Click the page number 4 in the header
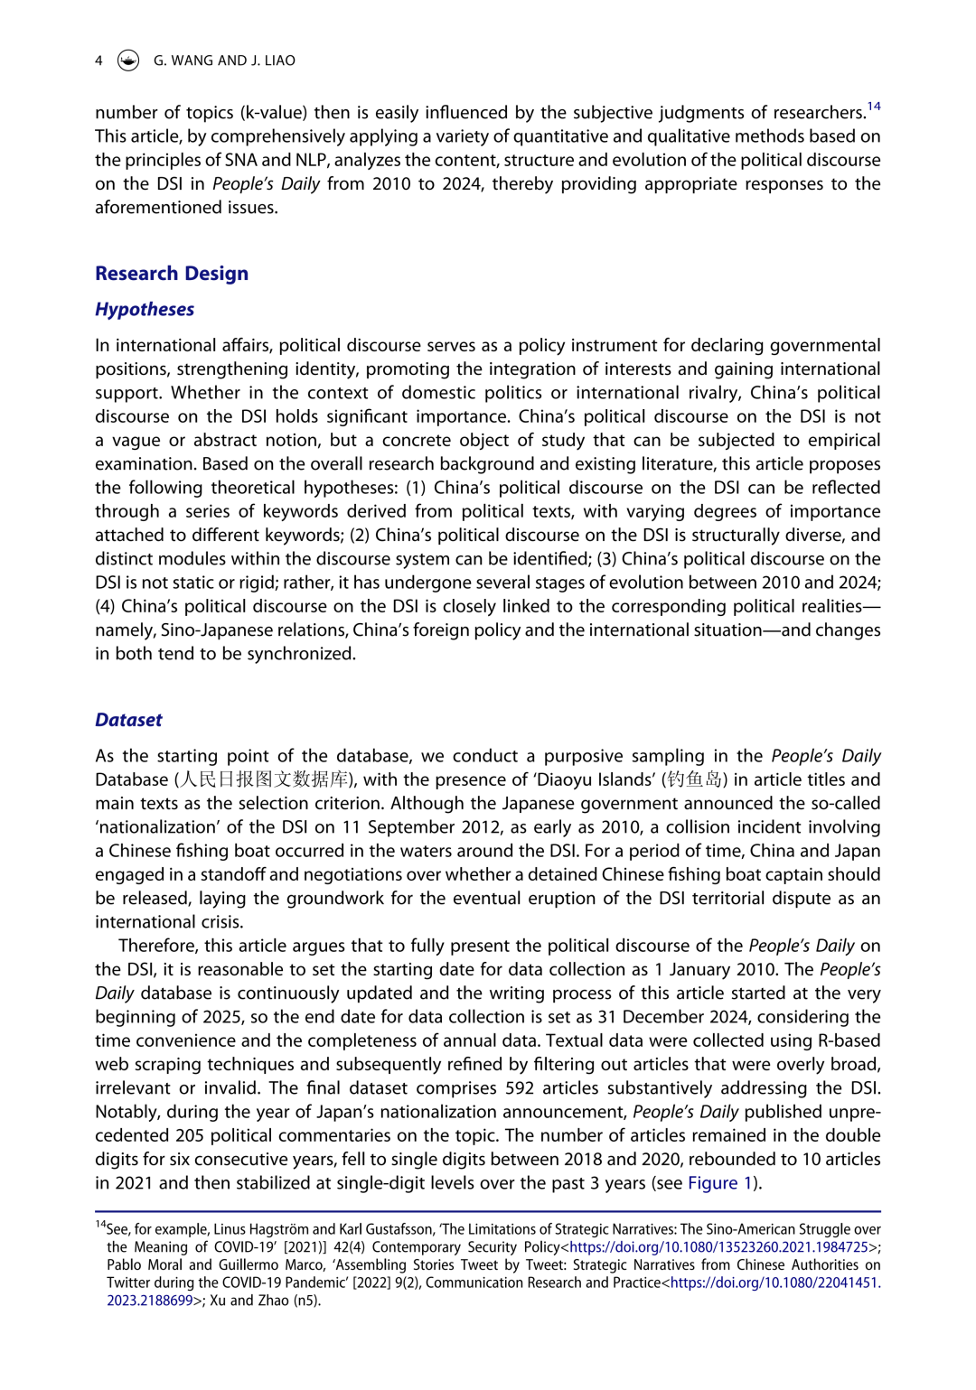(x=99, y=61)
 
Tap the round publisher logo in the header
(x=129, y=61)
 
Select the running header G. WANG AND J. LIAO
(x=224, y=61)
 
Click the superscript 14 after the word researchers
(x=874, y=107)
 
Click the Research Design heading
(x=172, y=274)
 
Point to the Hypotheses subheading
(x=145, y=310)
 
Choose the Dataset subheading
(x=128, y=721)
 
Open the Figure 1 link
(x=720, y=1183)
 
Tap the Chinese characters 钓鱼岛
(x=694, y=780)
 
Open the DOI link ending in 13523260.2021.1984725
(x=718, y=1247)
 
